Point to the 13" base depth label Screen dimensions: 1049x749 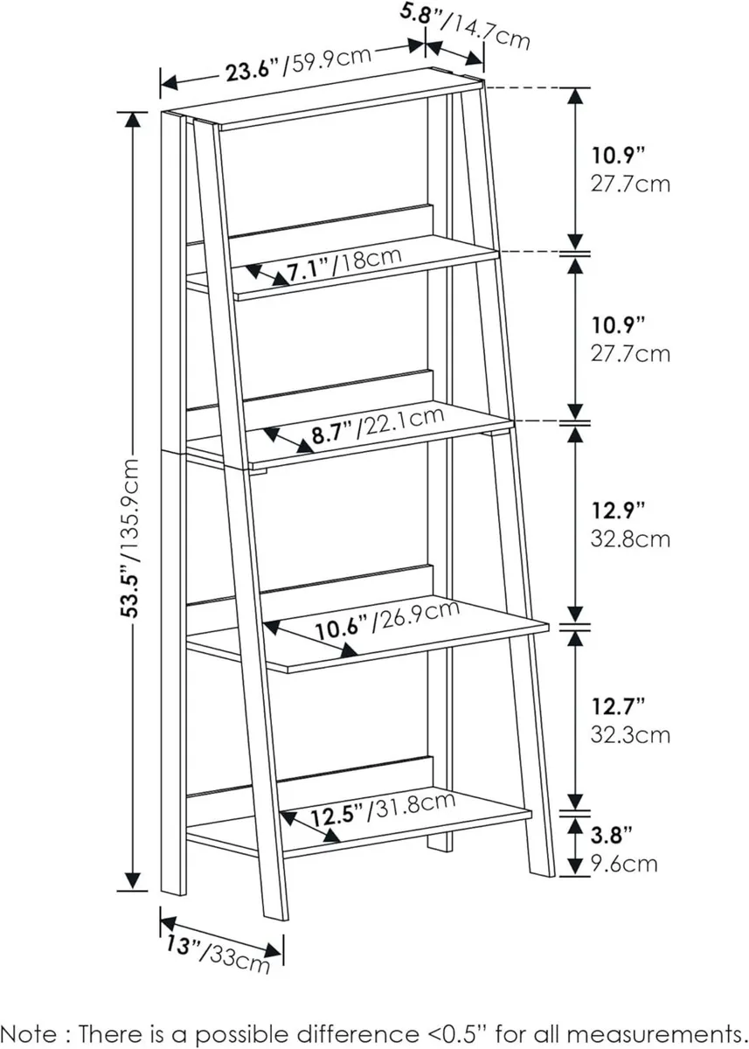tap(177, 945)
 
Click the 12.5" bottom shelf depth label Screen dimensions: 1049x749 tap(336, 816)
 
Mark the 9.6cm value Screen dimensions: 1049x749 tap(622, 864)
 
